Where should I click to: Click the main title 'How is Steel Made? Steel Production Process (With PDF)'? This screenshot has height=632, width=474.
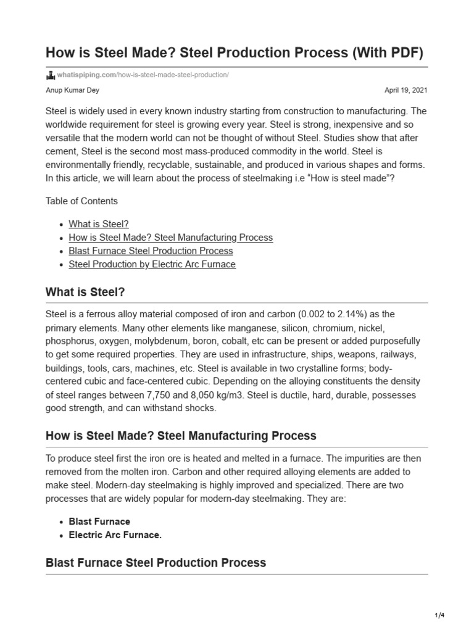(235, 53)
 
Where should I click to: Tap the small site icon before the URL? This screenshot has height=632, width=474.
(51, 75)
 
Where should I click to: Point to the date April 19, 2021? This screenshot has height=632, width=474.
(405, 90)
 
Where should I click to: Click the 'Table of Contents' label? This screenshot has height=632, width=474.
(81, 201)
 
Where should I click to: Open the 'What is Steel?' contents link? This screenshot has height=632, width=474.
(99, 224)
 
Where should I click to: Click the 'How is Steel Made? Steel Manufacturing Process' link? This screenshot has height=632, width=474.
(170, 238)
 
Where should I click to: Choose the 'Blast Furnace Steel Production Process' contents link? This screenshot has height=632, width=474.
(151, 251)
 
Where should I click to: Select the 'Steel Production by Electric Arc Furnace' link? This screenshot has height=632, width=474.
(152, 265)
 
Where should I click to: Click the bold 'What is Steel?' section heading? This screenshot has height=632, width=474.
(85, 292)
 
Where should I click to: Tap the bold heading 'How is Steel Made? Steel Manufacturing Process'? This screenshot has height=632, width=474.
(181, 436)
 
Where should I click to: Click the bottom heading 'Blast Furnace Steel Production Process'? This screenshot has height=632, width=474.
(156, 563)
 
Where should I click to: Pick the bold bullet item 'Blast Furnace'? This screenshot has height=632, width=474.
(99, 522)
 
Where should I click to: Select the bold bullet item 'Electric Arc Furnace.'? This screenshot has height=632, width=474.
(115, 535)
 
